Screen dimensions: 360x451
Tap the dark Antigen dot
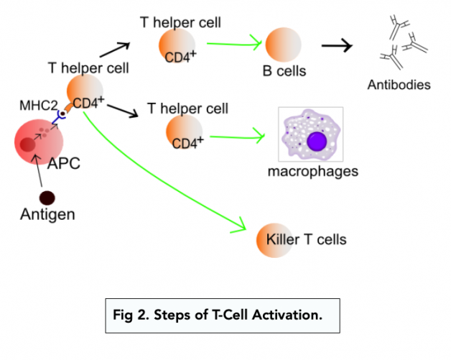pos(48,197)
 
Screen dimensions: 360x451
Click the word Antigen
pos(47,214)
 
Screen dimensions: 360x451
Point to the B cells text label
pos(284,71)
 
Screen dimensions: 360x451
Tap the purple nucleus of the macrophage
pos(316,140)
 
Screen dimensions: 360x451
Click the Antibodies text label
pos(399,85)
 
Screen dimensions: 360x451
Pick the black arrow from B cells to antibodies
pos(337,46)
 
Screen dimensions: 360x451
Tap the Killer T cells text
pos(315,239)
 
